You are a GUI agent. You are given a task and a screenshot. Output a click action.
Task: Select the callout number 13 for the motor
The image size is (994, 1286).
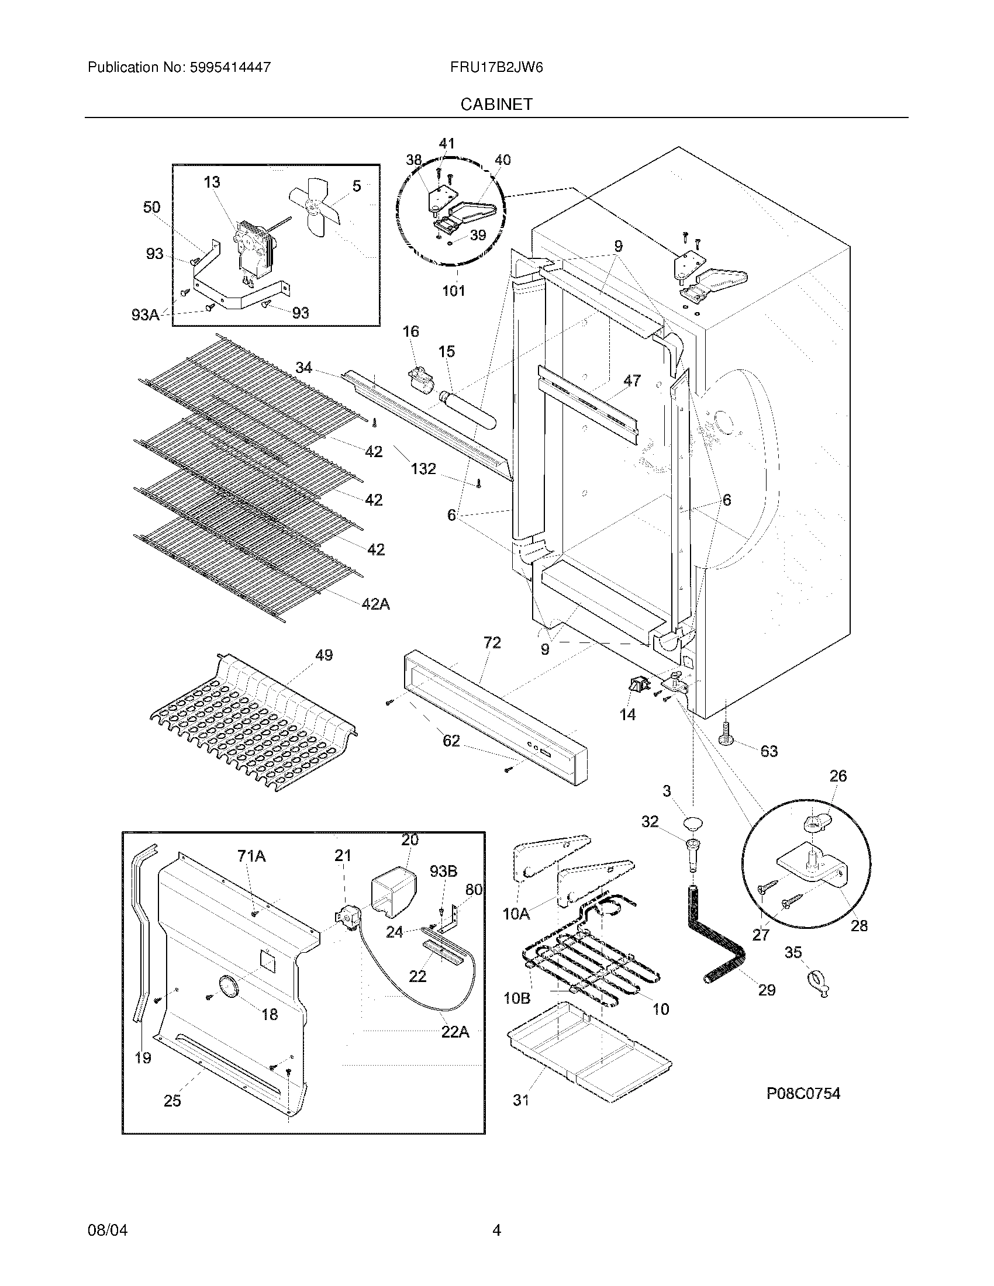coord(212,182)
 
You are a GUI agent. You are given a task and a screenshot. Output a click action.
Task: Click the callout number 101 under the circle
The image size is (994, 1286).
coord(453,291)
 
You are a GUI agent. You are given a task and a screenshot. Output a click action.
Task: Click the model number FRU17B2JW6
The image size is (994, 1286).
coord(496,67)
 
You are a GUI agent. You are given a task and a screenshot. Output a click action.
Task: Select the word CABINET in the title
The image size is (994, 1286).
coord(496,104)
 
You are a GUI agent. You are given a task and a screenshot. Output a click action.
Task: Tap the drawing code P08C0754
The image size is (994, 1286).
coord(803,1094)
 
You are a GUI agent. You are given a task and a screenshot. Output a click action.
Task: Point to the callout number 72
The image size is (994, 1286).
coord(492,642)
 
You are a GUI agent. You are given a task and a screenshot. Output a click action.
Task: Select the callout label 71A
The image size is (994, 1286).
coord(251,856)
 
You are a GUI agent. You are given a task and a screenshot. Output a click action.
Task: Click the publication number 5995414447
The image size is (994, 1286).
coord(230,67)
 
